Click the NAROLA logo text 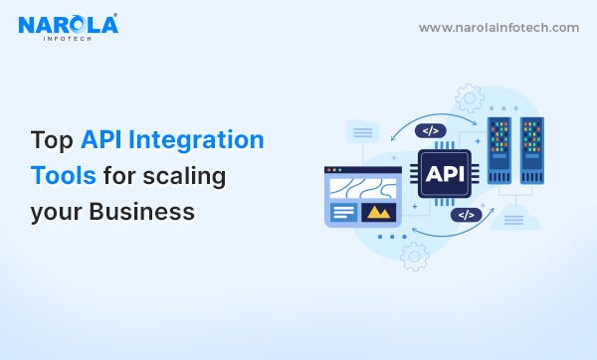point(68,23)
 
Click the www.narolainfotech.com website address point(498,28)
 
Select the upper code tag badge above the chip point(430,130)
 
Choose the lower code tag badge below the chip point(465,214)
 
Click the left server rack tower point(500,150)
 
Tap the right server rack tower point(532,150)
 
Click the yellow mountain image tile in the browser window point(377,211)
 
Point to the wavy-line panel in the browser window point(362,187)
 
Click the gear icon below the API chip point(414,256)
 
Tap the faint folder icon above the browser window point(361,130)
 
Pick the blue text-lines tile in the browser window point(343,212)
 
